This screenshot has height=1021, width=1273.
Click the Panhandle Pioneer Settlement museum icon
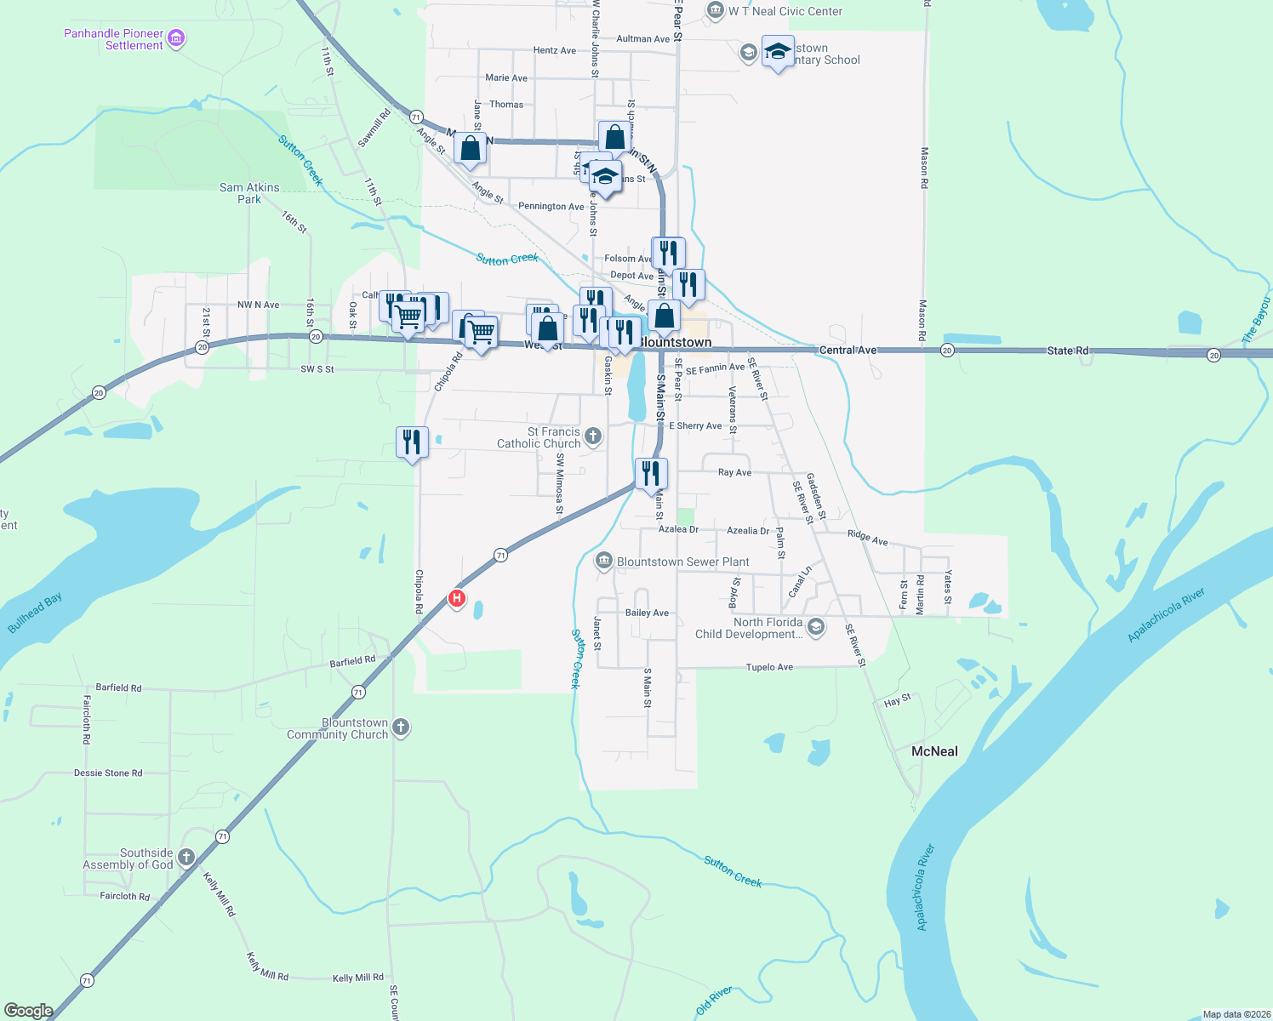point(176,38)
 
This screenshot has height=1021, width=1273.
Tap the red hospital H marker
point(457,598)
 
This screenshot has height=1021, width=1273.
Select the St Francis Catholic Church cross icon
point(593,437)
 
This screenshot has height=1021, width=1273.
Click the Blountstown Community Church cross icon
point(401,727)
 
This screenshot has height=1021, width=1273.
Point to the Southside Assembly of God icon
point(186,858)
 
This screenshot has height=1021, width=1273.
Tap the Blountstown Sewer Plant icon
point(603,561)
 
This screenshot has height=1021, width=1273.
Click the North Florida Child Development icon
point(815,627)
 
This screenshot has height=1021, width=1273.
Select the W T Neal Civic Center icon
point(715,11)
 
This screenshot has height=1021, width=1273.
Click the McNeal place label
point(934,751)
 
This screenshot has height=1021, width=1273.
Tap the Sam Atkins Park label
point(249,193)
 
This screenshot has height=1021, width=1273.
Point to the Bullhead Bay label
point(35,613)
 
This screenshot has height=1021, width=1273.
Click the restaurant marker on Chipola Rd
point(412,442)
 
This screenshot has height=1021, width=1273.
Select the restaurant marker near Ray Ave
point(651,473)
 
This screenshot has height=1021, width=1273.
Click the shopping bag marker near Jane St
point(470,148)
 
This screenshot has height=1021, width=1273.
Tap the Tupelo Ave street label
point(769,667)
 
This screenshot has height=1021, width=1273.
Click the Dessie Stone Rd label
point(108,773)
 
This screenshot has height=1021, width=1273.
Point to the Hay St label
point(898,700)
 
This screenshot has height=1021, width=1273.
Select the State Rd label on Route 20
point(1068,351)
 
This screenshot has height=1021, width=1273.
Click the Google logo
point(28,1010)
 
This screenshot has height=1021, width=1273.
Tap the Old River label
point(713,1001)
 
